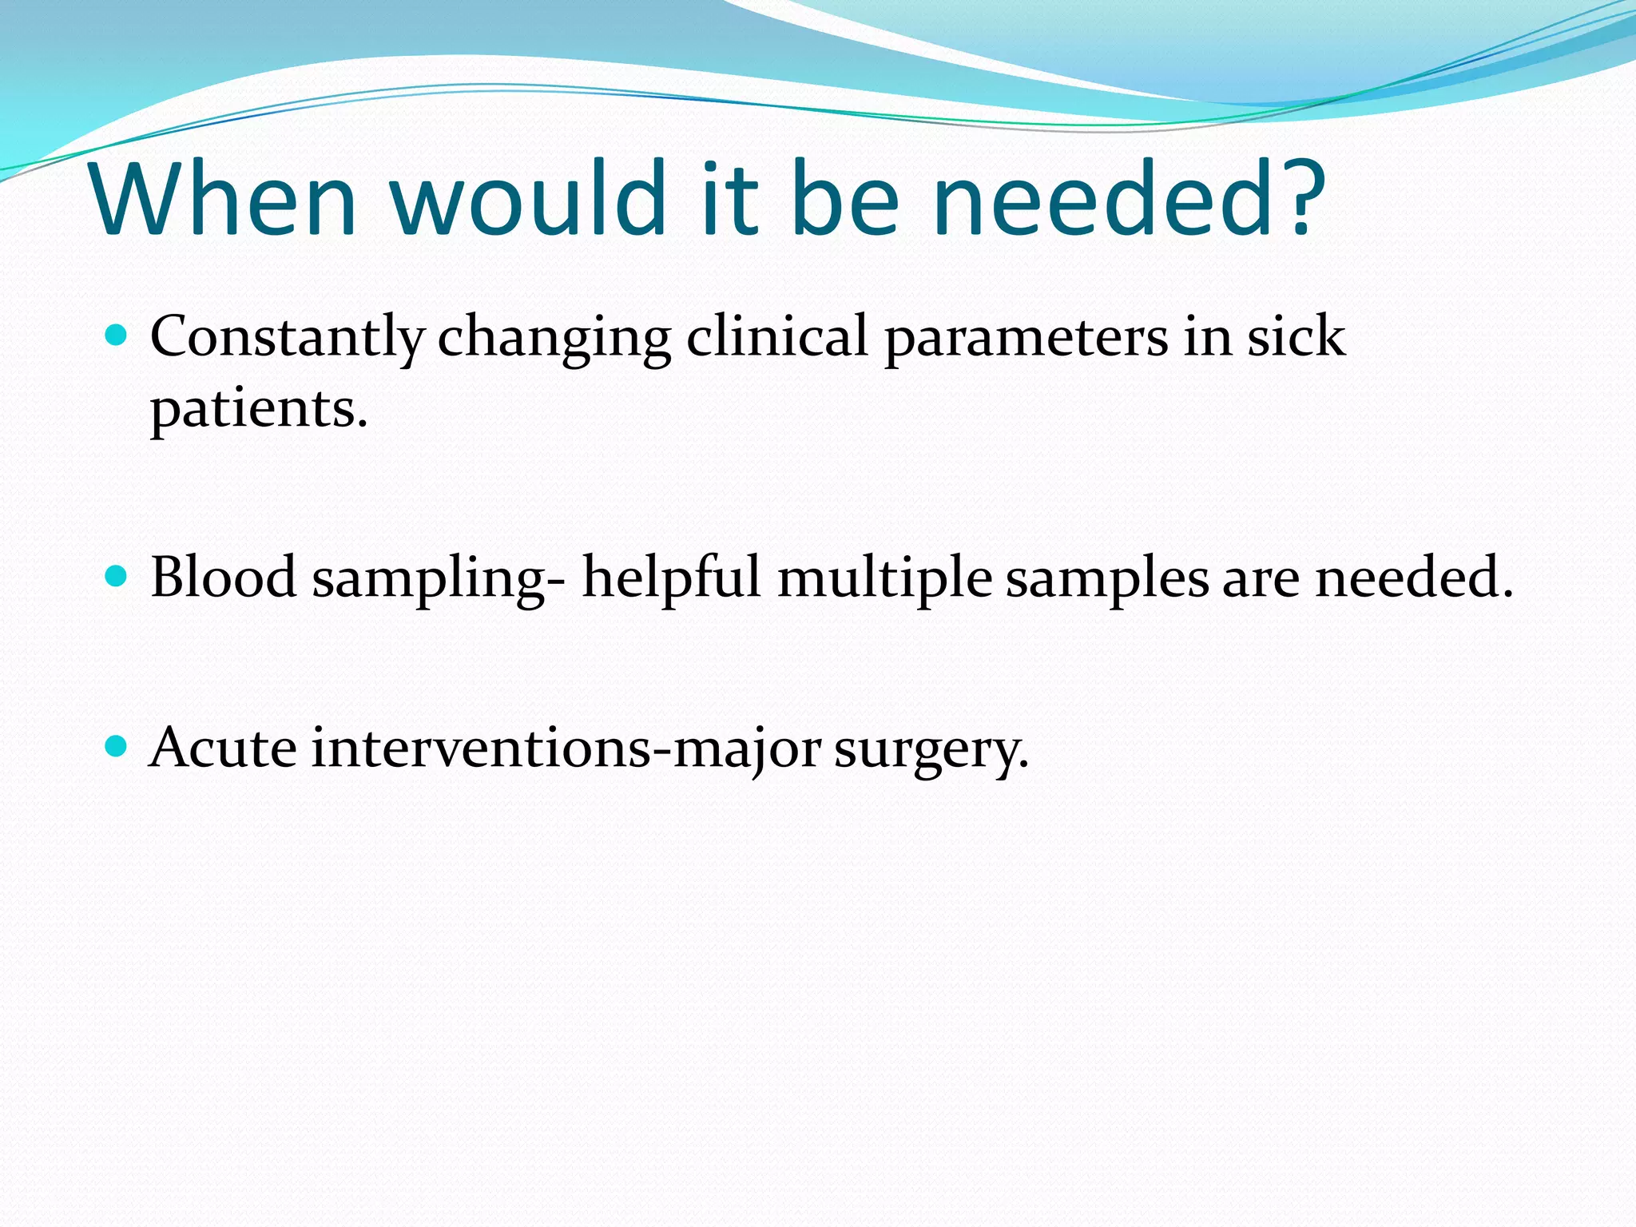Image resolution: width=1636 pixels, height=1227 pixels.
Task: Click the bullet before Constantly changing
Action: (117, 335)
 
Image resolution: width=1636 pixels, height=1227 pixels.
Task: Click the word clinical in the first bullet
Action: (776, 336)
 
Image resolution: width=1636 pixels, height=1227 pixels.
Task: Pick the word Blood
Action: (223, 577)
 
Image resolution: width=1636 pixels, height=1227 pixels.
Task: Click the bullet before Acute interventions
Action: (117, 747)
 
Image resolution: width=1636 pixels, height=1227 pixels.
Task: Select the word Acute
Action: (223, 749)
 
